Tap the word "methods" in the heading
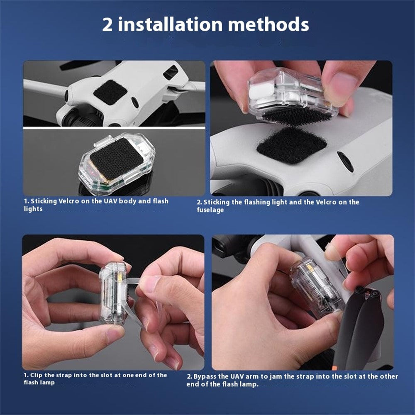tap(269, 24)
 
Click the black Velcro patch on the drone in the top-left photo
tap(110, 92)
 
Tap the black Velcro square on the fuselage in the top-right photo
tap(292, 145)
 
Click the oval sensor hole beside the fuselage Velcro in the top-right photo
tap(345, 162)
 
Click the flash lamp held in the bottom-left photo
tap(112, 293)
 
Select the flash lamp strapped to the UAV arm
tap(316, 287)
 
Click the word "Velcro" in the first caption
tap(68, 201)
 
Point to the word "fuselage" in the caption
tap(210, 210)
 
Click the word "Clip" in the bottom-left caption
tap(37, 375)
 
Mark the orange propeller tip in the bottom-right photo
tap(335, 368)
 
